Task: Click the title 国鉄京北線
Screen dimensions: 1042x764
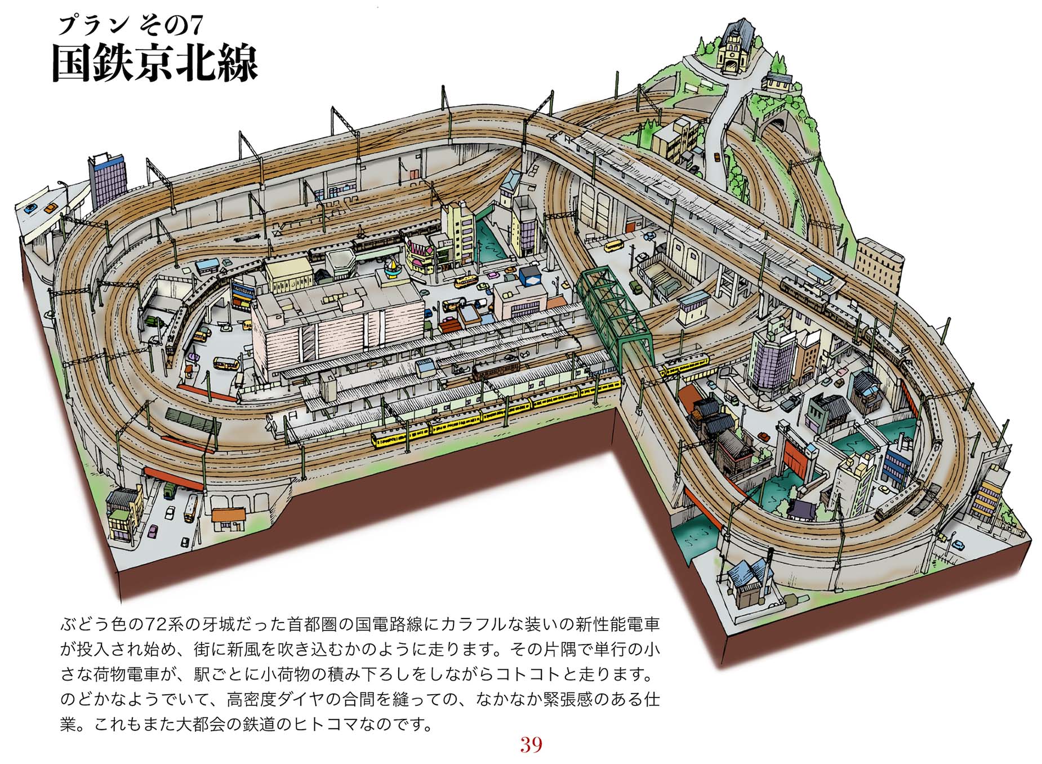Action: coord(154,63)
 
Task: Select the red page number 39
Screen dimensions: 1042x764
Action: coord(531,744)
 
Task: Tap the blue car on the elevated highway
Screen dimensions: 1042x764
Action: coord(30,208)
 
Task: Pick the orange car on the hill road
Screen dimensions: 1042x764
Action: coord(716,157)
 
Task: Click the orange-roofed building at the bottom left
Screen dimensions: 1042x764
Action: coord(229,519)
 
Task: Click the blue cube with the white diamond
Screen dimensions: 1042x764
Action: coord(530,276)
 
